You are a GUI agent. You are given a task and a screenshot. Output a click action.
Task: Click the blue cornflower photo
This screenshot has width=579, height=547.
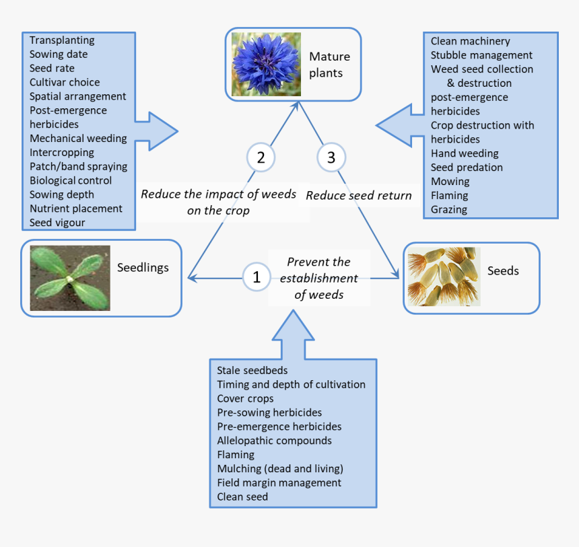click(266, 64)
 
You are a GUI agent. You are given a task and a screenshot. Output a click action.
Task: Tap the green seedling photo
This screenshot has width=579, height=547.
click(70, 277)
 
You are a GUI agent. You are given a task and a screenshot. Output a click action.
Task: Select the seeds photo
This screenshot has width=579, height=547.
click(444, 277)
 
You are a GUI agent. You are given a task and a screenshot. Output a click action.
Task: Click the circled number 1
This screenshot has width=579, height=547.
click(256, 277)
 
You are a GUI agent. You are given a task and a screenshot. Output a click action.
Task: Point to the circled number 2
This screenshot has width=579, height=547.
click(261, 157)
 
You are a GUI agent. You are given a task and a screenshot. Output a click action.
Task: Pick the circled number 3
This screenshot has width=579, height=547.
click(331, 157)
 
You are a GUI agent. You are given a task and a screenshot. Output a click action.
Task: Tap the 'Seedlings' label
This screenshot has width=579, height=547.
click(143, 268)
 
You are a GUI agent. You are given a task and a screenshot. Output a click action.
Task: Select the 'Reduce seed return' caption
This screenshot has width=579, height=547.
click(358, 196)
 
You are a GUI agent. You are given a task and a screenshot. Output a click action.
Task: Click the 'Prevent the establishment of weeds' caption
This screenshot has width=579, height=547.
click(318, 278)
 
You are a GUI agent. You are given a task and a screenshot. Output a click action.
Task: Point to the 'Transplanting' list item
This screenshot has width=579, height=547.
click(62, 40)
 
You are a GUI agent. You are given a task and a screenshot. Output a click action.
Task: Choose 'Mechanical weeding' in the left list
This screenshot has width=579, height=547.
click(78, 139)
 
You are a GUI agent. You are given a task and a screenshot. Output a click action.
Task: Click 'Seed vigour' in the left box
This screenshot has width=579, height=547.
click(57, 223)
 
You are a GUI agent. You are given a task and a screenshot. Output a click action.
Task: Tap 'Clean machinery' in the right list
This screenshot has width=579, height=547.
click(470, 41)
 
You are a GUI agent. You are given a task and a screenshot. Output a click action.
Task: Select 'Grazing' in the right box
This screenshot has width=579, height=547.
click(448, 210)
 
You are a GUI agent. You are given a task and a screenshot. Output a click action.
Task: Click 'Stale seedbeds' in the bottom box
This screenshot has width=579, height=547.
click(252, 371)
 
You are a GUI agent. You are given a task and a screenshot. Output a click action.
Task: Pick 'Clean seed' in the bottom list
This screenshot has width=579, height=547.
click(242, 497)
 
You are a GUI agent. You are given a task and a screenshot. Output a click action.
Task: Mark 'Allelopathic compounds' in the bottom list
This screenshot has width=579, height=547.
click(274, 441)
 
